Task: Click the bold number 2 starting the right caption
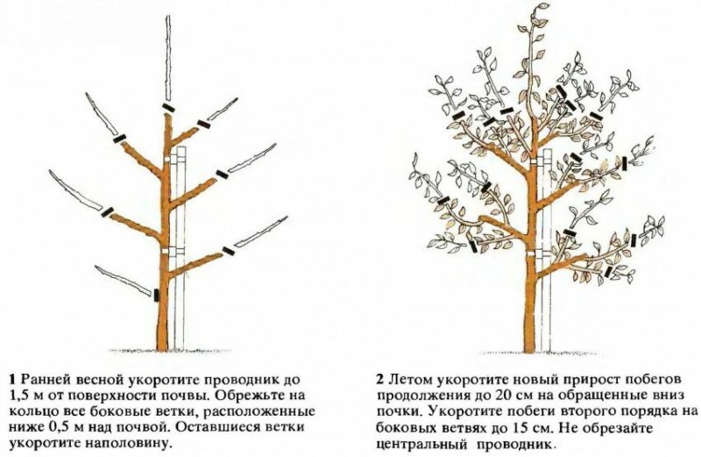(x=379, y=379)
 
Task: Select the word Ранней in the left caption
(x=44, y=379)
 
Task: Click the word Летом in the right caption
(x=408, y=379)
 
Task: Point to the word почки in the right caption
(x=394, y=411)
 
